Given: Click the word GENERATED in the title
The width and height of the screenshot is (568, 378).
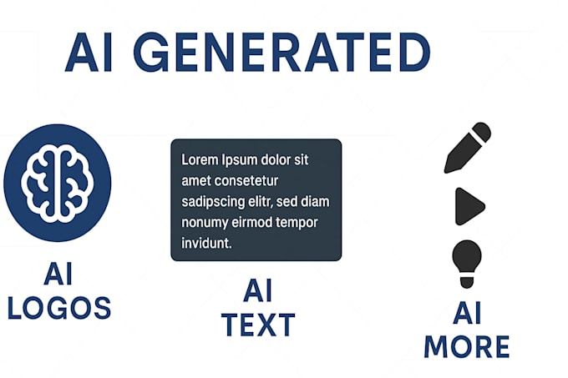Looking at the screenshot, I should (x=281, y=53).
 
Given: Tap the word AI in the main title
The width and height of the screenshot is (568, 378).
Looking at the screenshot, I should (x=89, y=53).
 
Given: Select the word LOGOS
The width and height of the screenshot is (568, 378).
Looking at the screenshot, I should (x=58, y=308).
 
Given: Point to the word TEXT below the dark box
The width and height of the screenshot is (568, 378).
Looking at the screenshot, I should (x=257, y=324).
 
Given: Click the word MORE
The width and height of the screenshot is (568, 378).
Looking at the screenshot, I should (x=466, y=345).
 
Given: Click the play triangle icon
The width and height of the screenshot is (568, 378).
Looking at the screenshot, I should (x=469, y=206).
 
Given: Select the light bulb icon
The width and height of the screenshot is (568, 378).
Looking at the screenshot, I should (x=466, y=262).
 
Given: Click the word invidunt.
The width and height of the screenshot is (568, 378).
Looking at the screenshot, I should (x=206, y=244).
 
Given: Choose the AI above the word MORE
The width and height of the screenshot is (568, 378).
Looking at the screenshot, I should (x=466, y=313).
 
